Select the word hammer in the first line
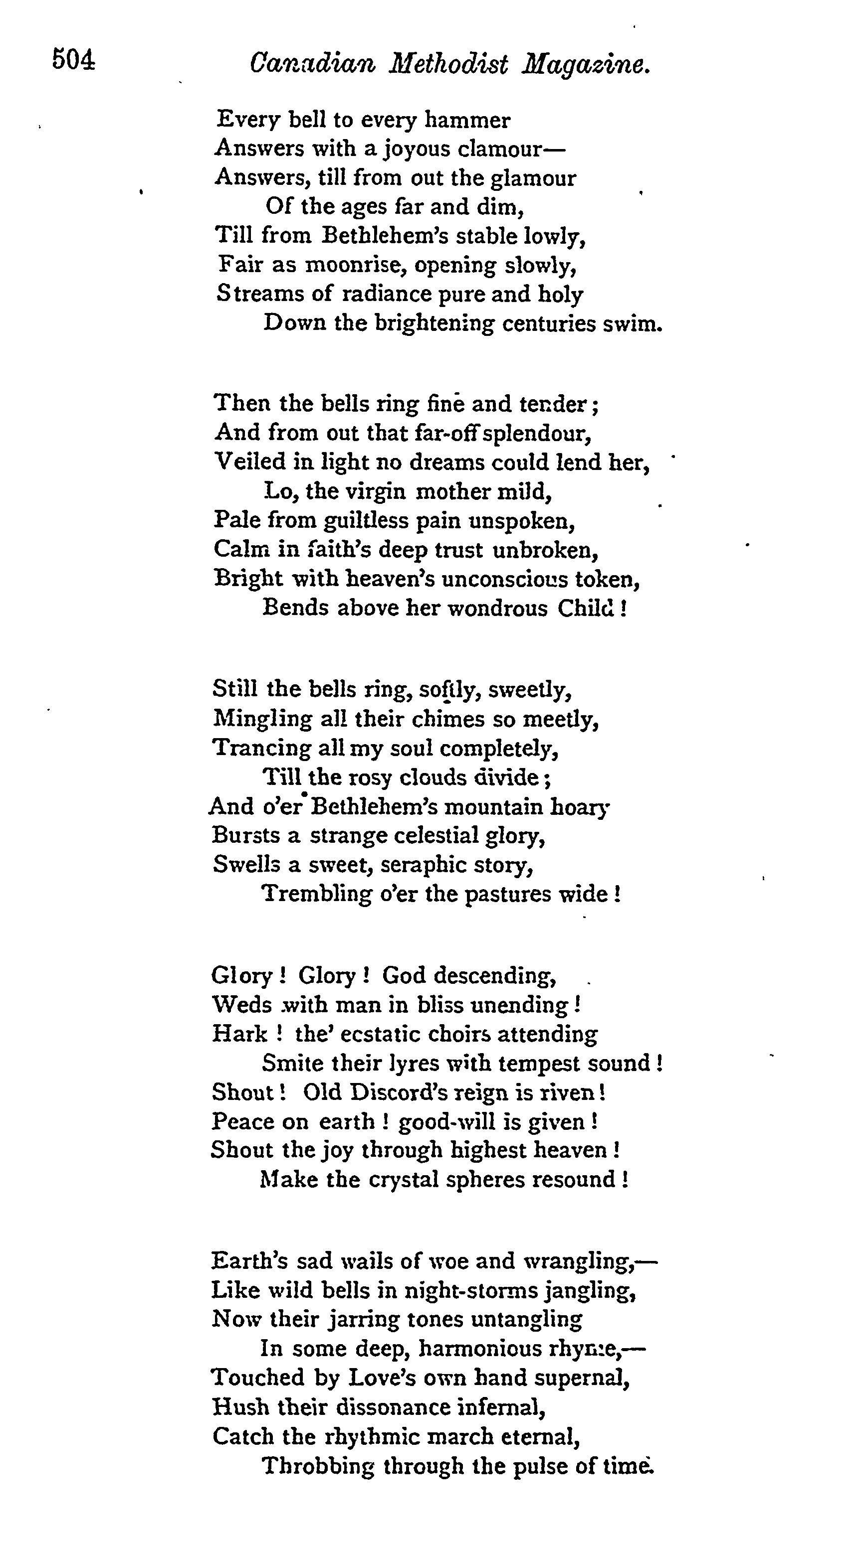click(x=467, y=121)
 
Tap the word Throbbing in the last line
click(x=318, y=1465)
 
